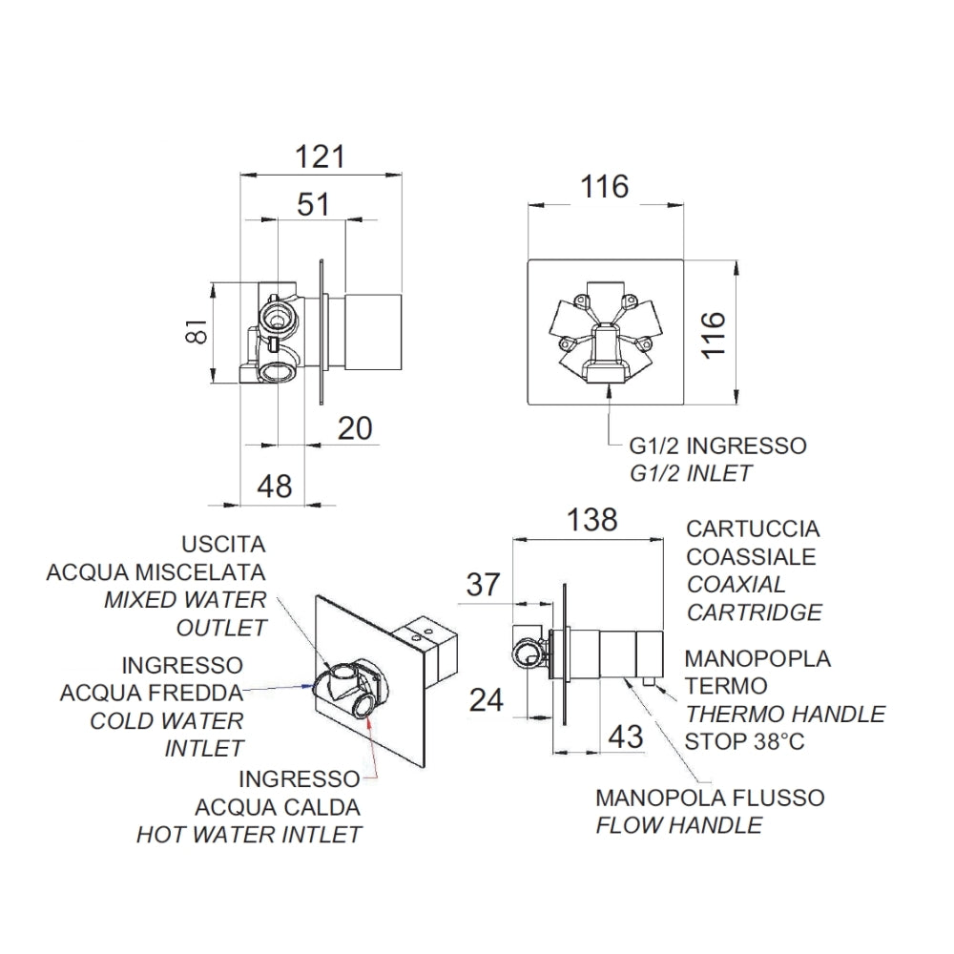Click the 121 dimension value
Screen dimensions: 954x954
tap(320, 157)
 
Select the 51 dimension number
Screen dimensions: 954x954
tap(313, 204)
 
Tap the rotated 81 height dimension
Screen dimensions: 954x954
tap(197, 331)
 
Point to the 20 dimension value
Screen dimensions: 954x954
tap(355, 428)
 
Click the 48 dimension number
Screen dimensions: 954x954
tap(275, 487)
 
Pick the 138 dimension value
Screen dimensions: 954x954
tap(592, 520)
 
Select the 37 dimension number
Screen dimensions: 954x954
tap(483, 585)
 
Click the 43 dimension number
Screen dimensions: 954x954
tap(626, 736)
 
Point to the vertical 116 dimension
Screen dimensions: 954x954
tap(714, 335)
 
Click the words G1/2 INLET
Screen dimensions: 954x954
tap(691, 473)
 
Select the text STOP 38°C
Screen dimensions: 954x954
tap(745, 741)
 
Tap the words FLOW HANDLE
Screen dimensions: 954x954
tap(679, 825)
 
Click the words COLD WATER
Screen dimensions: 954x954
tap(167, 721)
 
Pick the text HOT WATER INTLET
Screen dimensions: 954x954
tap(249, 835)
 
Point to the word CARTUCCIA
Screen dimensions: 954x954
tap(754, 529)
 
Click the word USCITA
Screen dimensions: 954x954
tap(224, 544)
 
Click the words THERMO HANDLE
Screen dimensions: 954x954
tap(785, 714)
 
